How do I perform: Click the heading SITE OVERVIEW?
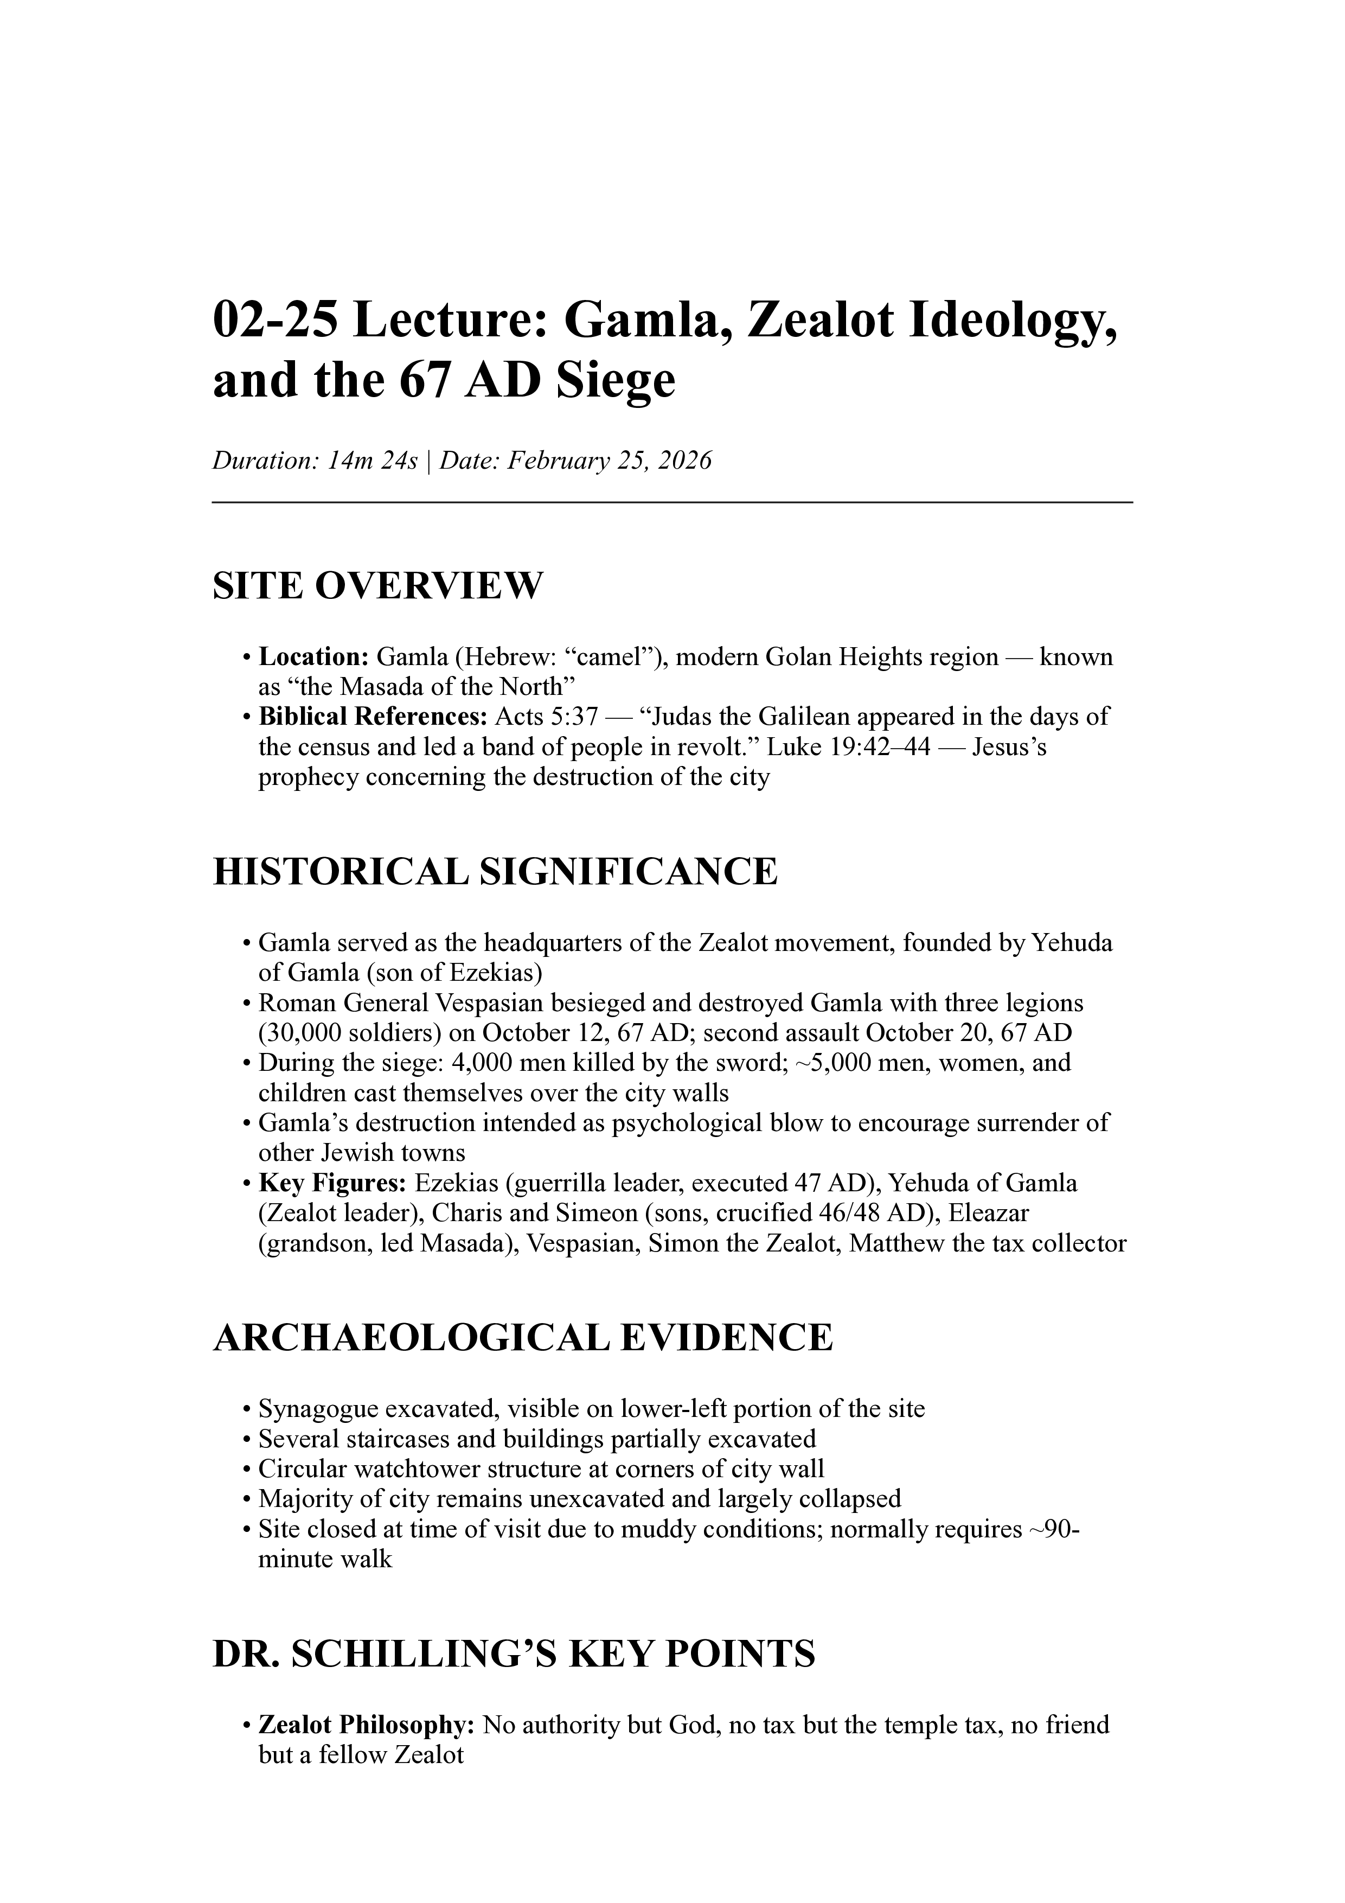tap(378, 586)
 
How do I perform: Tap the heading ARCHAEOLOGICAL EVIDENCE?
tap(522, 1338)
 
